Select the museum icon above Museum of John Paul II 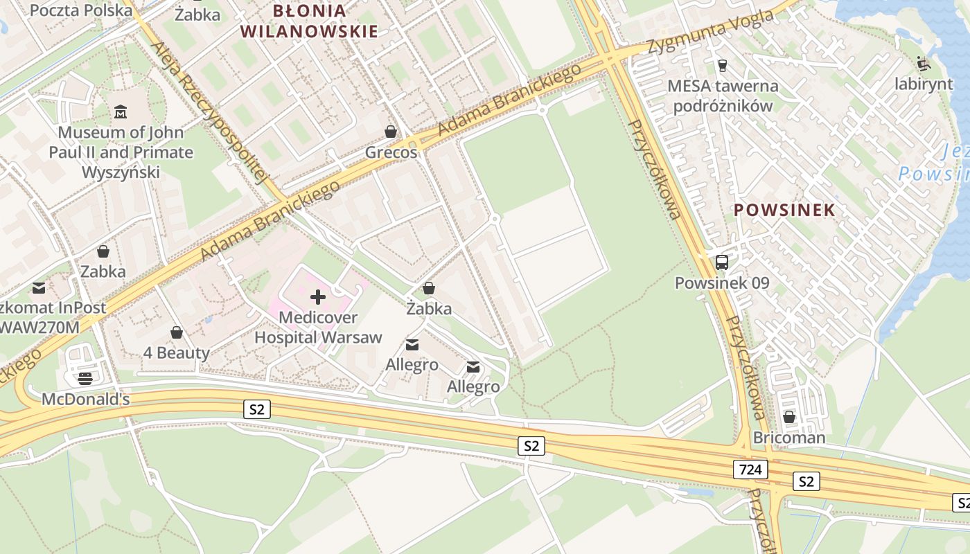tap(121, 111)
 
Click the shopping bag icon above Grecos tap(391, 132)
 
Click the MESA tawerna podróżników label tap(723, 96)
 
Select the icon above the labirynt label tap(923, 64)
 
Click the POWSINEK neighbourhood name tap(784, 210)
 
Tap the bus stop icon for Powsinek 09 tap(721, 262)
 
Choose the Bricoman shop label tap(789, 438)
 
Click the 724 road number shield tap(750, 470)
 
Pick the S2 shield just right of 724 tap(806, 481)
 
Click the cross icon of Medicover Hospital tap(318, 297)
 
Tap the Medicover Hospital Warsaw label tap(318, 328)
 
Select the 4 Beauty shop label tap(177, 352)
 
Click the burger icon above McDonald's tap(85, 378)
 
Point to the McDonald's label tap(85, 400)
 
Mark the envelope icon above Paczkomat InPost tap(39, 288)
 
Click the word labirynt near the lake tap(923, 84)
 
